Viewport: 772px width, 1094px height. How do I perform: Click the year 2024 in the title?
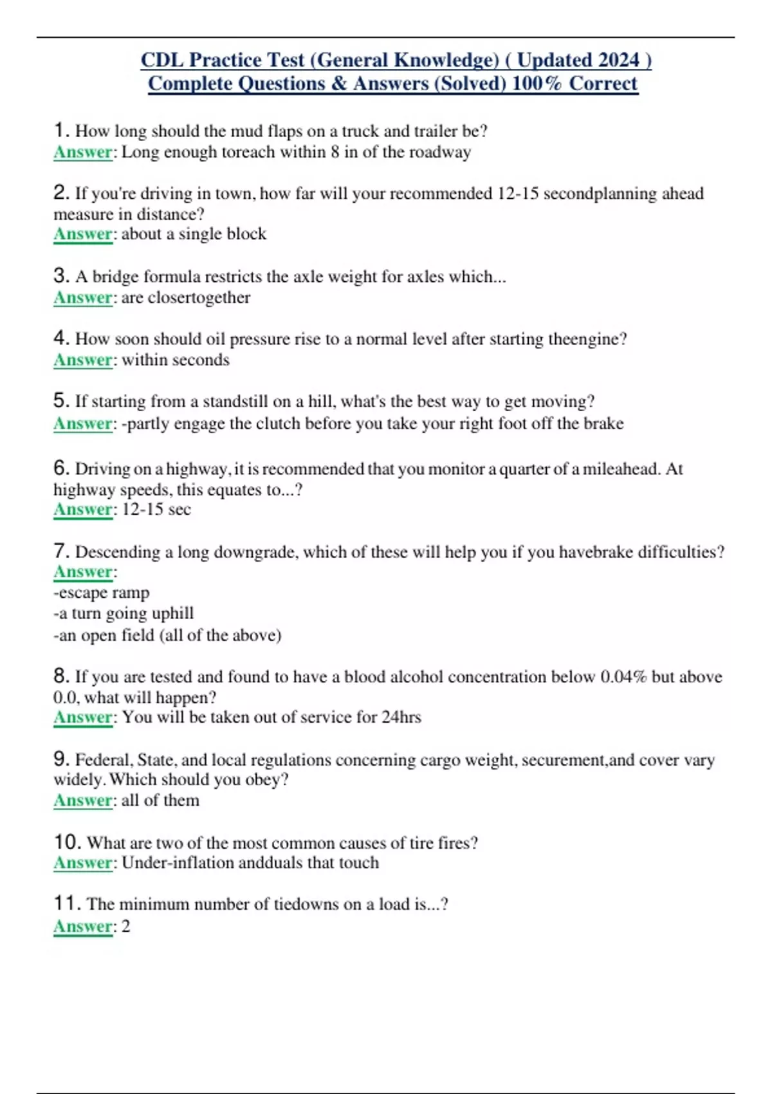pos(618,60)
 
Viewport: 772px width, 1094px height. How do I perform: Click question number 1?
pos(60,131)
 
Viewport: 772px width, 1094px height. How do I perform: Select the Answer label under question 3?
pos(83,297)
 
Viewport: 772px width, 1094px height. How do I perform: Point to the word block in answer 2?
pos(247,234)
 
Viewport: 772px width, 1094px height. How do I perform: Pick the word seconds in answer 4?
pos(198,360)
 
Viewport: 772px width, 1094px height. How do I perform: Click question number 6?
pos(60,468)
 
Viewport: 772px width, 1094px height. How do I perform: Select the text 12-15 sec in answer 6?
pos(156,509)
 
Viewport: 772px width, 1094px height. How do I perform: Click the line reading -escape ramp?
pos(101,592)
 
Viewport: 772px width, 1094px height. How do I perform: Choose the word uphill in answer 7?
pos(172,613)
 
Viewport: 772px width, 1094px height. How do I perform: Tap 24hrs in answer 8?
pos(401,717)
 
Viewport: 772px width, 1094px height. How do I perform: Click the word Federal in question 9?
pos(104,760)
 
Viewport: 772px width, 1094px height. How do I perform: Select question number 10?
pos(66,842)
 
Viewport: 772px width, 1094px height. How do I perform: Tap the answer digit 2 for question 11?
pos(126,926)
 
